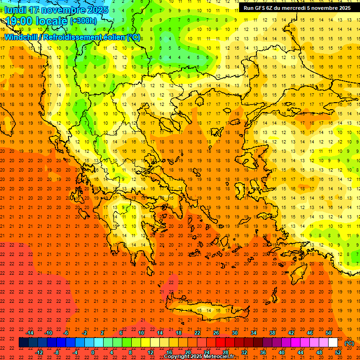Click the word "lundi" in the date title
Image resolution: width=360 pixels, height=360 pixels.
[x=15, y=10]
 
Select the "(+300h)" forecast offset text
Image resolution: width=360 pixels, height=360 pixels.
[x=83, y=21]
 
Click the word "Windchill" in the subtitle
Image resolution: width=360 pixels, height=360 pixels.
[x=23, y=37]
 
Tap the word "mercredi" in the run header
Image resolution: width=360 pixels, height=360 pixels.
[x=293, y=8]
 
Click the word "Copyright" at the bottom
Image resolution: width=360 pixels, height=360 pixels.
[x=178, y=357]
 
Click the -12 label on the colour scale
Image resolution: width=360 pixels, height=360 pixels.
[x=39, y=352]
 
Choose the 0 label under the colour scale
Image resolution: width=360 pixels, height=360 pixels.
[x=93, y=352]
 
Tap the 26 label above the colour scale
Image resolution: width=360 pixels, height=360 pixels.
[x=216, y=333]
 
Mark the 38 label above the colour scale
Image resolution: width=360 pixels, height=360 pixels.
[x=272, y=333]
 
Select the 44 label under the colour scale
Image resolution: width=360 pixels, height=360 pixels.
[x=300, y=352]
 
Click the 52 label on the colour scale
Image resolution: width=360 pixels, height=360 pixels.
[x=338, y=352]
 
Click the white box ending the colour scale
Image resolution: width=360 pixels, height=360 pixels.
[x=333, y=343]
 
